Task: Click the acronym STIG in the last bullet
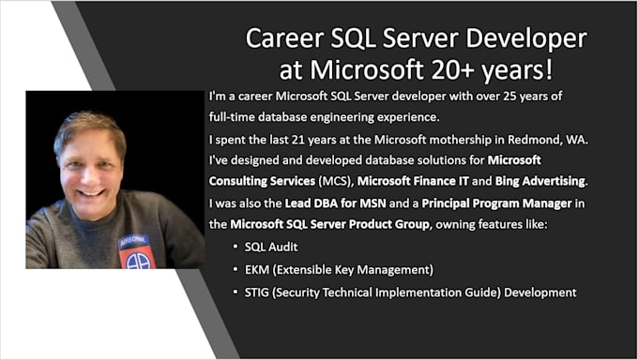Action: pos(260,292)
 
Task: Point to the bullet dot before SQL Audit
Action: pos(234,248)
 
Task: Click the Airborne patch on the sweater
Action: pos(136,251)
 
